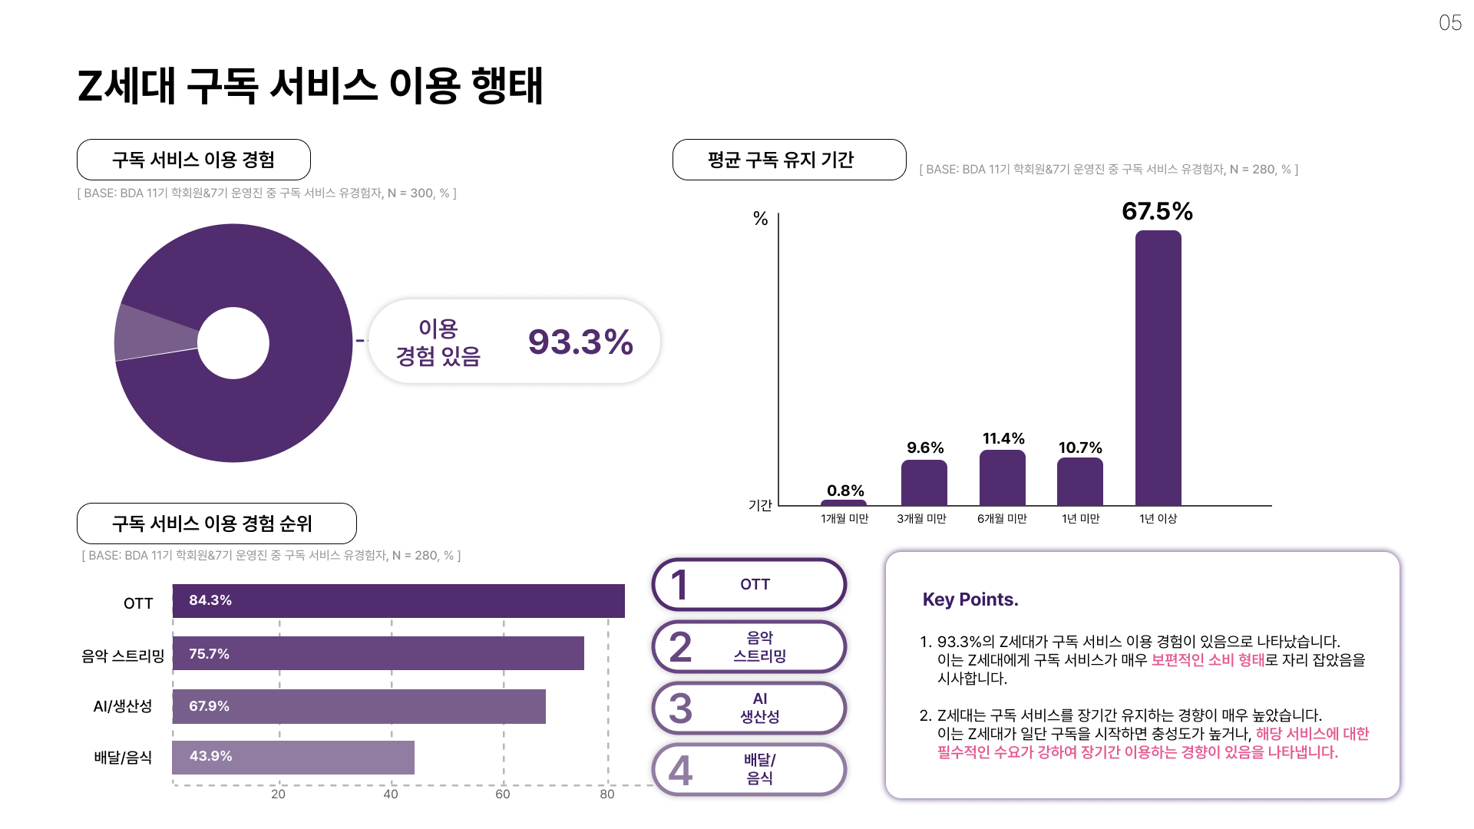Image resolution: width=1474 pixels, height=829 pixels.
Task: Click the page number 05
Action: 1449,23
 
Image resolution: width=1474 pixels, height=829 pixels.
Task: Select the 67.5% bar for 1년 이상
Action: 1158,368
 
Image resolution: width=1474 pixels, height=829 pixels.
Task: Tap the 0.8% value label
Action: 845,490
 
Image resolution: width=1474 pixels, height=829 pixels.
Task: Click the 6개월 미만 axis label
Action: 1002,519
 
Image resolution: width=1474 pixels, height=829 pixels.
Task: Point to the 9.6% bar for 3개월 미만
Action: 924,483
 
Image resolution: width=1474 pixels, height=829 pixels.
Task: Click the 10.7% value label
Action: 1080,448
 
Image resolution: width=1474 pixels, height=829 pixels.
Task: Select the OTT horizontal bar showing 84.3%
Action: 398,601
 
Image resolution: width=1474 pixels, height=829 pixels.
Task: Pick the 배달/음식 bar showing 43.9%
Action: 293,758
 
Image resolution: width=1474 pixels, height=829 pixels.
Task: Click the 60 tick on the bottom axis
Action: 503,794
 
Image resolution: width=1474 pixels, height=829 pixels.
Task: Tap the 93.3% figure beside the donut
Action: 580,342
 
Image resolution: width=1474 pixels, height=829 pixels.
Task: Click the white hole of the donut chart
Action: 233,343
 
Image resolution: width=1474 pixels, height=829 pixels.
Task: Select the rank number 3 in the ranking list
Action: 680,708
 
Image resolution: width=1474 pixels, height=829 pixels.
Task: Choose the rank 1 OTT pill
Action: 749,585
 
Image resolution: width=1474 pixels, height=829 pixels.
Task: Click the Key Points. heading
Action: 970,599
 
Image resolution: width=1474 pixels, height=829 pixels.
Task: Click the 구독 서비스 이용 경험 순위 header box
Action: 216,523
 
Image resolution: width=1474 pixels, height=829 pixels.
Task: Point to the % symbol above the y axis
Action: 760,219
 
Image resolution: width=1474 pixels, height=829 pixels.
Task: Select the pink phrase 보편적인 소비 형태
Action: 1207,660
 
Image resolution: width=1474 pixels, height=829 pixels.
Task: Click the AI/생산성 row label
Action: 123,706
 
